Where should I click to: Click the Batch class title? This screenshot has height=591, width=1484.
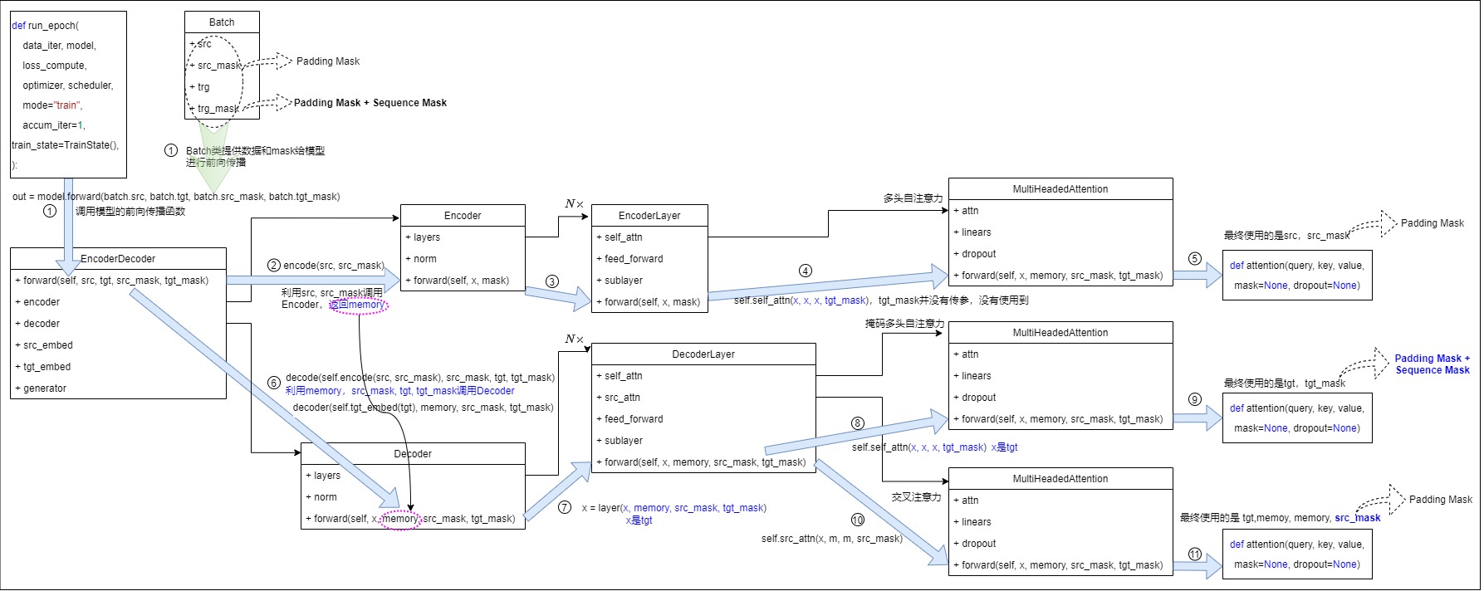click(x=222, y=22)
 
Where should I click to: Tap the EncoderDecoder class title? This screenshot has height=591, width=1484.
click(x=118, y=259)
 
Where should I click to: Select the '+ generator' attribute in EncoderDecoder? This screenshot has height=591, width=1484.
click(x=45, y=388)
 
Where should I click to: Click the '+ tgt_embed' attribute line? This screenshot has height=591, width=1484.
click(x=47, y=367)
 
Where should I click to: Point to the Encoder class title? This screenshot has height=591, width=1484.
click(x=463, y=216)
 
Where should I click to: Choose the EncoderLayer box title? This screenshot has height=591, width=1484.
click(x=649, y=216)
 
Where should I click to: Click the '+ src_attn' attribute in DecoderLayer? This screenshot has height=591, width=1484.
click(x=622, y=398)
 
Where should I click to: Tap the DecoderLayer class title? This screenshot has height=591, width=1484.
click(x=703, y=354)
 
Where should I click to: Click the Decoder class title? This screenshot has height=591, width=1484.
click(x=413, y=454)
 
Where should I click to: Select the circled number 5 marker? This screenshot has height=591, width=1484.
click(x=1195, y=258)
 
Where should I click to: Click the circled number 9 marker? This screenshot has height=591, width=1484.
click(x=1195, y=399)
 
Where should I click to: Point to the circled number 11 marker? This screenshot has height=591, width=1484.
click(x=1195, y=554)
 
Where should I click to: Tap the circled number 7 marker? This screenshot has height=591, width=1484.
click(x=565, y=507)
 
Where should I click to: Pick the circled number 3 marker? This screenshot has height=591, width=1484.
click(x=552, y=281)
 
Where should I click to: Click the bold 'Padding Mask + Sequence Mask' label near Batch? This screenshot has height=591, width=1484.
click(x=370, y=103)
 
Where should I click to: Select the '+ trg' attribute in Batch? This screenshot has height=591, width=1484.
click(x=203, y=87)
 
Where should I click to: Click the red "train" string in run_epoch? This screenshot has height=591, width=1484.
click(x=67, y=105)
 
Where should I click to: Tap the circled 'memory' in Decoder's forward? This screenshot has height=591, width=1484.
click(x=400, y=519)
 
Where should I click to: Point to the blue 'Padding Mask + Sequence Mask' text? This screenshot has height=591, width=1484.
click(x=1433, y=364)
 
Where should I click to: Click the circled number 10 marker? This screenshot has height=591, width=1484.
click(x=858, y=520)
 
